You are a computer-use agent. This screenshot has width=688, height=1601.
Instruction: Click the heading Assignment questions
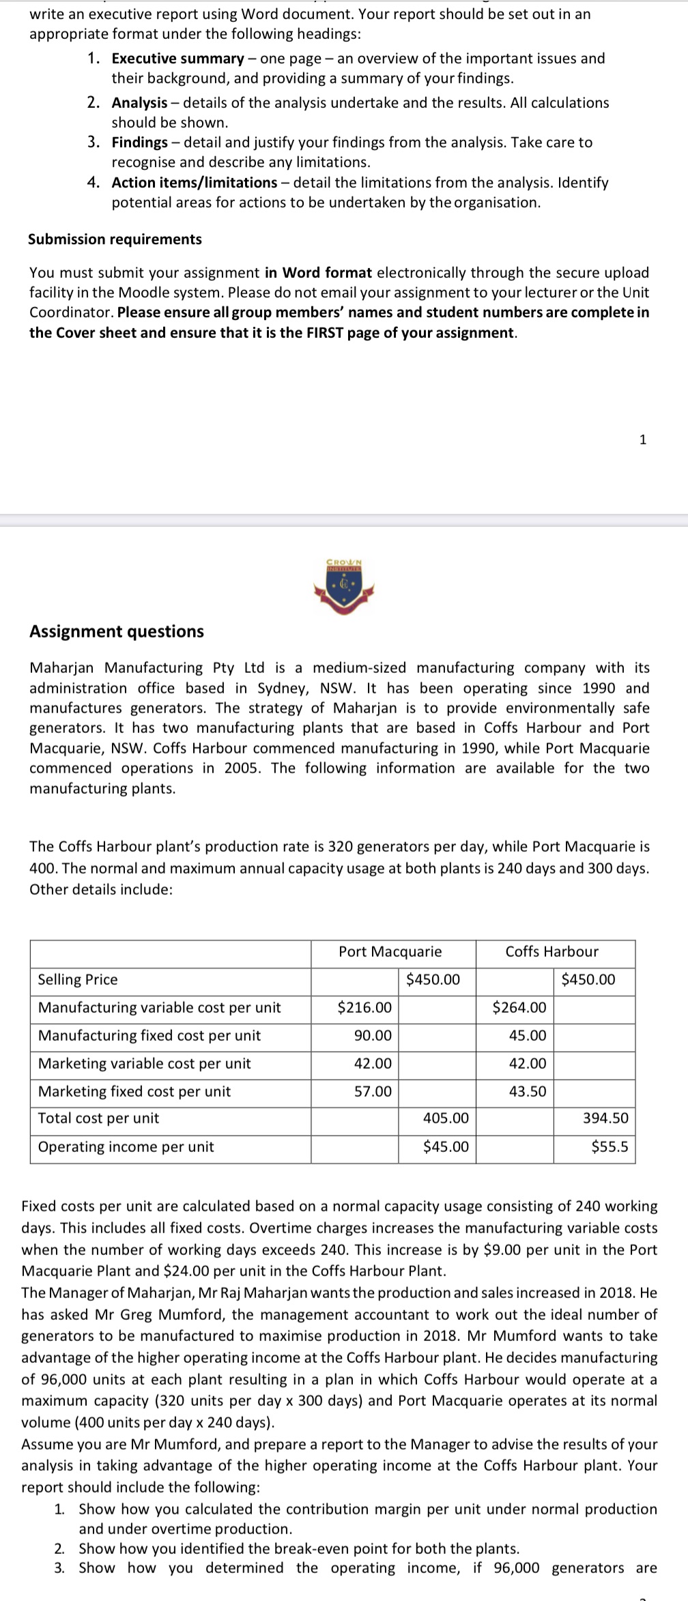(117, 631)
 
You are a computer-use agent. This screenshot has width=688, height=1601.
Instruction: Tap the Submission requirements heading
(115, 240)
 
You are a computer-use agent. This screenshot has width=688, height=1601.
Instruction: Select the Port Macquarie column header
(390, 952)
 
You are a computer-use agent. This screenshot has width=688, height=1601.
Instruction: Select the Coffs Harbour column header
(551, 952)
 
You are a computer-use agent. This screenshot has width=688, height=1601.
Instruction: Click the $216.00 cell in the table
(364, 1007)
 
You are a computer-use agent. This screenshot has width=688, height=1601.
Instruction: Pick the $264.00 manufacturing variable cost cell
(519, 1007)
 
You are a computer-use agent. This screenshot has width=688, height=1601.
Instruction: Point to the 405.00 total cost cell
(446, 1119)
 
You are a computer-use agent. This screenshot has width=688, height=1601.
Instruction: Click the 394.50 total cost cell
(605, 1119)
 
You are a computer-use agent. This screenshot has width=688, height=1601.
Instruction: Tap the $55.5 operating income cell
(610, 1147)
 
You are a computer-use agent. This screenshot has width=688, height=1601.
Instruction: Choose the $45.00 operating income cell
(446, 1147)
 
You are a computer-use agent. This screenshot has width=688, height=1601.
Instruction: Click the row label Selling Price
(78, 980)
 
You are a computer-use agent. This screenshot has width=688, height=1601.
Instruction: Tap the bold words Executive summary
(177, 59)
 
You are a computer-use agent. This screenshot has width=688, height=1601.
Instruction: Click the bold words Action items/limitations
(195, 183)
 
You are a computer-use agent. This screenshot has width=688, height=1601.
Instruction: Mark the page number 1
(642, 439)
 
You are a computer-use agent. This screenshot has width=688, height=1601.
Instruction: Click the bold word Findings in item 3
(139, 143)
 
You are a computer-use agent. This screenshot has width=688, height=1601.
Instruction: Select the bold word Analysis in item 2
(139, 103)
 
